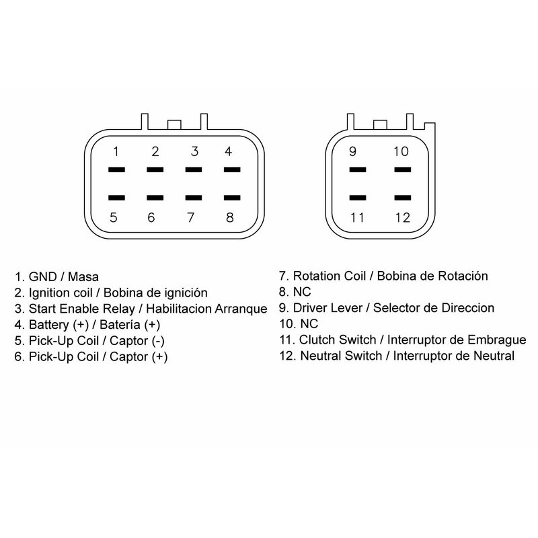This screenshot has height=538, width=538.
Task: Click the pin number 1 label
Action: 116,151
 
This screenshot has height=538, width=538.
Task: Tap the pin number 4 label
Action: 228,151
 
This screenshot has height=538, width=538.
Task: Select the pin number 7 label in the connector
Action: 191,217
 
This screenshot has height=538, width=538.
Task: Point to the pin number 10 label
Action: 401,151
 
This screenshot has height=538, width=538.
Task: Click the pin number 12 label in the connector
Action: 402,217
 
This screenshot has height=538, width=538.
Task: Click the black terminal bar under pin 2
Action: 155,169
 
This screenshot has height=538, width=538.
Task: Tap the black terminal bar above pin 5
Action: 116,198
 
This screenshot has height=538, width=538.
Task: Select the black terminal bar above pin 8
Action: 232,198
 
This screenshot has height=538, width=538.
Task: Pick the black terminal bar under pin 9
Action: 358,169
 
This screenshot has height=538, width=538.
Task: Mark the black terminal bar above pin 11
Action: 358,198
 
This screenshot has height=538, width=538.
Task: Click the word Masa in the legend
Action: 83,276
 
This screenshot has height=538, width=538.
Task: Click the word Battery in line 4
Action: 48,325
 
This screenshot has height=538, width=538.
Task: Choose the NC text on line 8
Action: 302,292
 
